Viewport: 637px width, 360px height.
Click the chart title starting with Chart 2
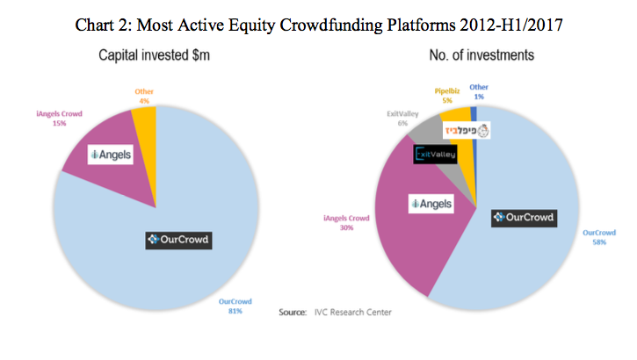tap(318, 25)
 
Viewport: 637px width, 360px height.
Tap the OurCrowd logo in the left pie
tap(181, 238)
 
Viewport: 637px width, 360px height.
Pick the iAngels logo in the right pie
tap(431, 204)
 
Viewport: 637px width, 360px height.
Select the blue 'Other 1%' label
tap(479, 92)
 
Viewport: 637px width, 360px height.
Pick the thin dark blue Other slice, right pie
tap(474, 112)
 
